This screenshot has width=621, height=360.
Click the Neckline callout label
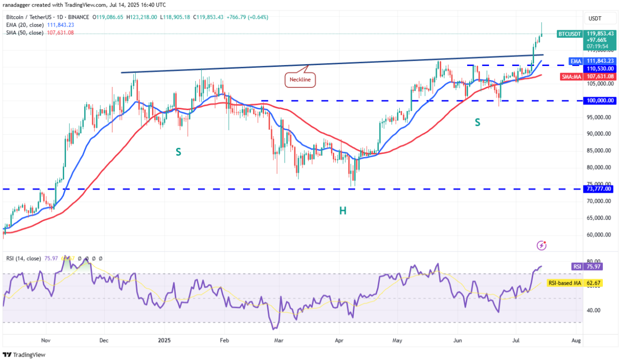click(x=299, y=79)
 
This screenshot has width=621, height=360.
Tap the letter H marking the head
click(x=343, y=211)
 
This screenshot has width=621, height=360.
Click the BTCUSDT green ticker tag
click(x=569, y=33)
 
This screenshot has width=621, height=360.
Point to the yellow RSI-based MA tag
click(x=564, y=282)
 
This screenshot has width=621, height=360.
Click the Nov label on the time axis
click(x=45, y=340)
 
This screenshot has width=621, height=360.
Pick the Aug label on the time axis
click(x=576, y=340)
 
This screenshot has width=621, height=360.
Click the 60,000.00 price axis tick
click(x=599, y=235)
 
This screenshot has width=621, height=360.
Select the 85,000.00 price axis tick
click(x=599, y=151)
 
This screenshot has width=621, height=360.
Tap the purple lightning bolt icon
click(x=542, y=245)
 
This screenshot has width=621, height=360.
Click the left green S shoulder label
click(x=178, y=151)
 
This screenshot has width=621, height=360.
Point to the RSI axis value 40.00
click(x=594, y=310)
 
